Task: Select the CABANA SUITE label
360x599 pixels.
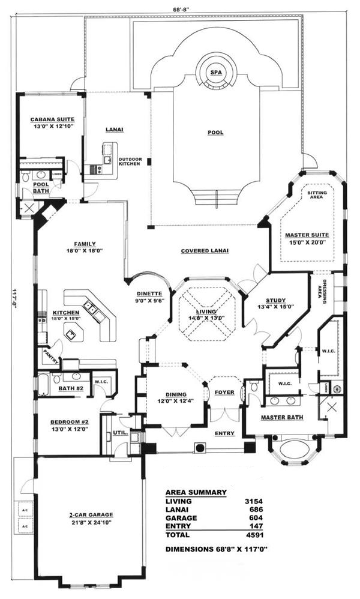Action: coord(51,119)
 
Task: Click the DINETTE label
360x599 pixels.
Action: coord(147,294)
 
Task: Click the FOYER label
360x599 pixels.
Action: coord(224,392)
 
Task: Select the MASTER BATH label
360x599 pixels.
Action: coord(282,417)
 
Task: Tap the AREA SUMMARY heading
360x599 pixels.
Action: coord(196,492)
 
